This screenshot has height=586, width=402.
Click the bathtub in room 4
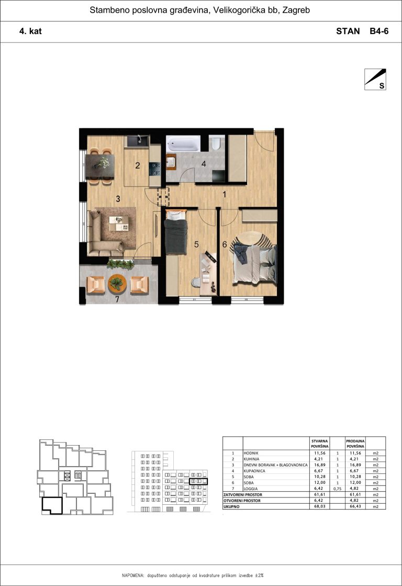(x=183, y=144)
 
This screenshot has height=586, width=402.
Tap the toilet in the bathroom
(x=216, y=144)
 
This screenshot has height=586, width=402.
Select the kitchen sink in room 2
(x=138, y=141)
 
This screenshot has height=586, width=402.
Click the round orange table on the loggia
(x=117, y=283)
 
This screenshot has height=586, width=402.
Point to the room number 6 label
(x=225, y=245)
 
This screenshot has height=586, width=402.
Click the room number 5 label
(x=196, y=245)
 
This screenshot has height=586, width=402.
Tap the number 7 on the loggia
(x=117, y=299)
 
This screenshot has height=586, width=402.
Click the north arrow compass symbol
(x=375, y=79)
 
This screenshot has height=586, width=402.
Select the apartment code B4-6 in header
(x=379, y=31)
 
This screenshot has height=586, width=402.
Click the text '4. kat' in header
(x=31, y=31)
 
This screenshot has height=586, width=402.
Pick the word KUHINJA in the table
(x=251, y=459)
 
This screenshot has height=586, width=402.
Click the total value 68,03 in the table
(x=320, y=506)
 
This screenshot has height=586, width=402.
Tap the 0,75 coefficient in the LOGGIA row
(x=338, y=489)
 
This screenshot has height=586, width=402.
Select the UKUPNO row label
(x=232, y=507)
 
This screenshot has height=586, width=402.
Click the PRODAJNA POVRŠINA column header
(x=355, y=444)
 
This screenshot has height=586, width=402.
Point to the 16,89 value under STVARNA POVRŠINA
(x=320, y=465)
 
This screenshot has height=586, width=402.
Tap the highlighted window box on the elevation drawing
(x=198, y=481)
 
